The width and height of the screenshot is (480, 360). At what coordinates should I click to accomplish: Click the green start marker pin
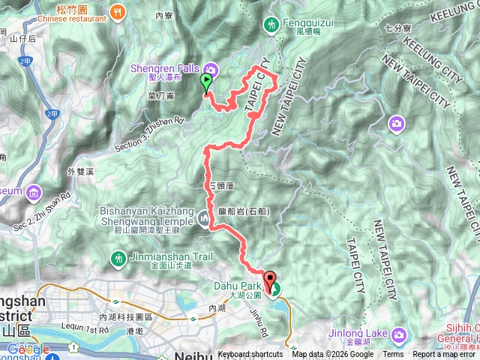coord(206,82)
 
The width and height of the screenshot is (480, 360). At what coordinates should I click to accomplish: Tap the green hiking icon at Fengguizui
coord(271,25)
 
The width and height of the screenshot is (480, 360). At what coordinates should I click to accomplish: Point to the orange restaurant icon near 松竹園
coord(117,11)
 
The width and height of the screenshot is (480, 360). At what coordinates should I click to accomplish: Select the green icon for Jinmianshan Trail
coord(118,259)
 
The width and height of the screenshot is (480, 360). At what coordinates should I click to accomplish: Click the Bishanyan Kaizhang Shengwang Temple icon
coord(205,218)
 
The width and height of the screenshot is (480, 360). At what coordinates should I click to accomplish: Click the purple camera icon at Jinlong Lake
coord(399,334)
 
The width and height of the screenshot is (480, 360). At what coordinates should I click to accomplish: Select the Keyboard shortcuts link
coord(250,355)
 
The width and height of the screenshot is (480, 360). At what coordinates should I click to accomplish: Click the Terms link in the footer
coord(393,355)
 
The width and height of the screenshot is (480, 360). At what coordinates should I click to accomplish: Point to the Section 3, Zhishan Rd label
coord(147,125)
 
